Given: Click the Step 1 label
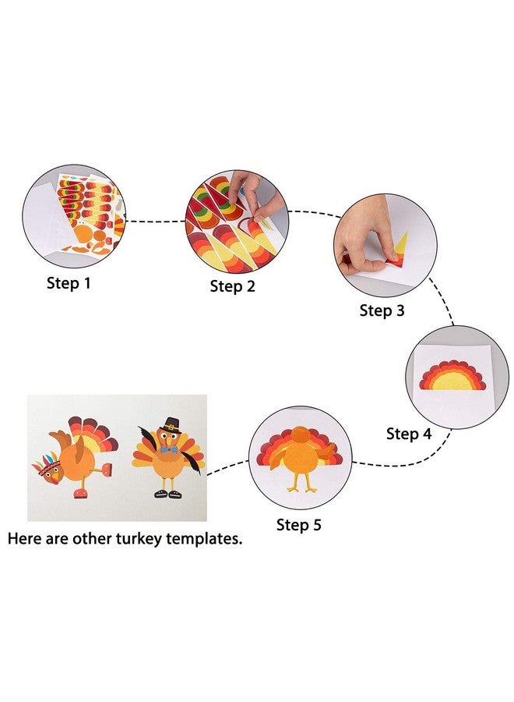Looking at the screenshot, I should pyautogui.click(x=69, y=283).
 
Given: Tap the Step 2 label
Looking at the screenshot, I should pyautogui.click(x=232, y=286).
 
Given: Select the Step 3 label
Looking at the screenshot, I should pyautogui.click(x=382, y=310).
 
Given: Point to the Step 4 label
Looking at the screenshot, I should pyautogui.click(x=408, y=434).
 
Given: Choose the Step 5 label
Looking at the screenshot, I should pyautogui.click(x=298, y=525).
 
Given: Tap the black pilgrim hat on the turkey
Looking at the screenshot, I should pyautogui.click(x=173, y=426).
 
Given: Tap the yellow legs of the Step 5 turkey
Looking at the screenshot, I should pyautogui.click(x=303, y=483).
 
